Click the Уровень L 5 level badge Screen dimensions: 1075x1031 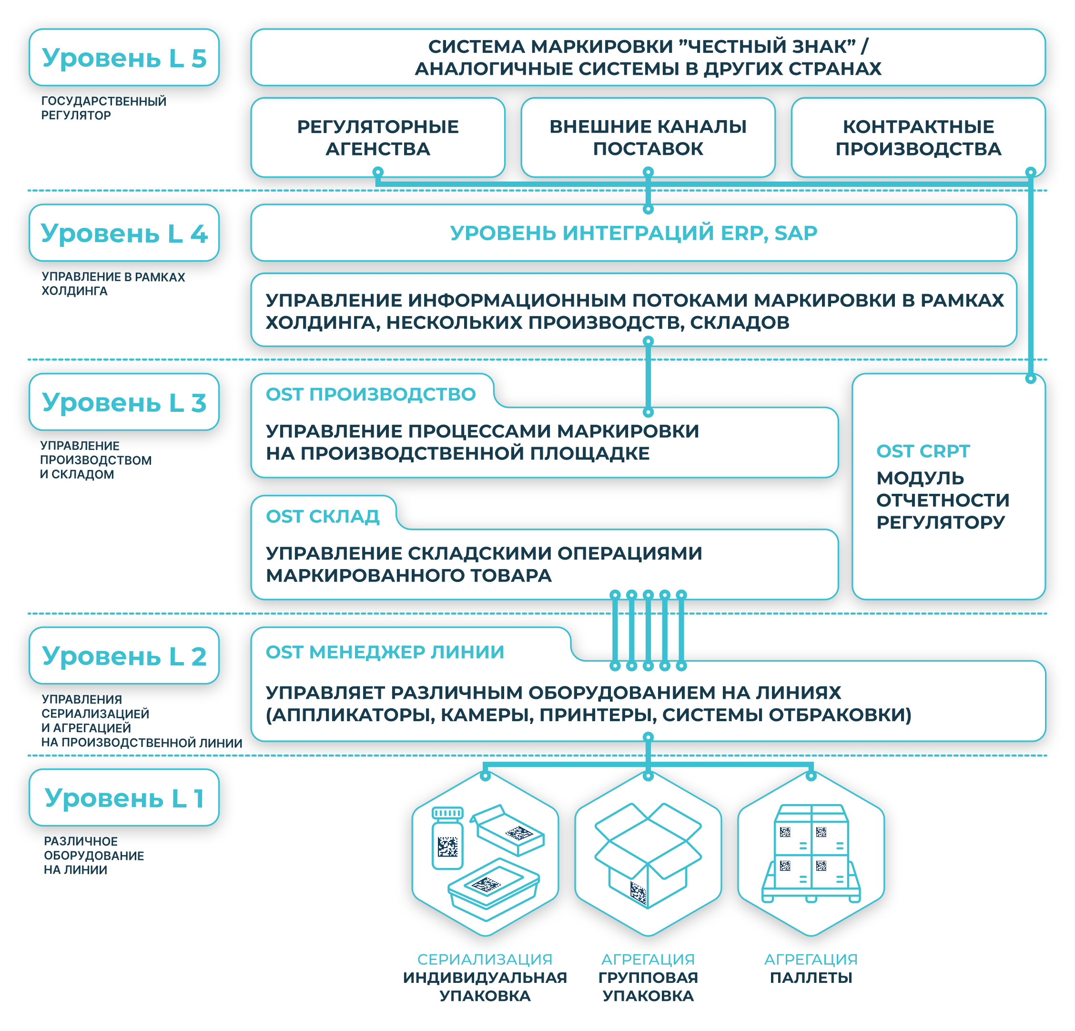pos(124,58)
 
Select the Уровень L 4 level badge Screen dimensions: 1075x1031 pos(124,233)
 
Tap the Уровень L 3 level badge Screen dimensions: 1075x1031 pos(124,402)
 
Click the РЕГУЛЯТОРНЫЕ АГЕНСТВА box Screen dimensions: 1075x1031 pos(378,137)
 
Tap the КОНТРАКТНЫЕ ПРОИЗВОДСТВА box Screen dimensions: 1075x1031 pos(918,137)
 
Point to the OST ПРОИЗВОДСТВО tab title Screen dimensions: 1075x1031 pos(371,394)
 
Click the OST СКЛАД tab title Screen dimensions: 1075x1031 pos(323,516)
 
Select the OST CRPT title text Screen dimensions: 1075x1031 pos(923,451)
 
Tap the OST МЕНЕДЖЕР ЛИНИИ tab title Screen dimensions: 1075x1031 pos(385,652)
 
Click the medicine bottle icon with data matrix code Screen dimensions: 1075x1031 pos(447,838)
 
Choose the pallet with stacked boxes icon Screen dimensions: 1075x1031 pos(811,853)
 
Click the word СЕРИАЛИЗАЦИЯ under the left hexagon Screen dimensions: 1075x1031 pos(485,959)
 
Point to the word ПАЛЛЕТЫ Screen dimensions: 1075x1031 pos(811,978)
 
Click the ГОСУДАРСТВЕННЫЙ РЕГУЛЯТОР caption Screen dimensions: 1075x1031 pos(104,108)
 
